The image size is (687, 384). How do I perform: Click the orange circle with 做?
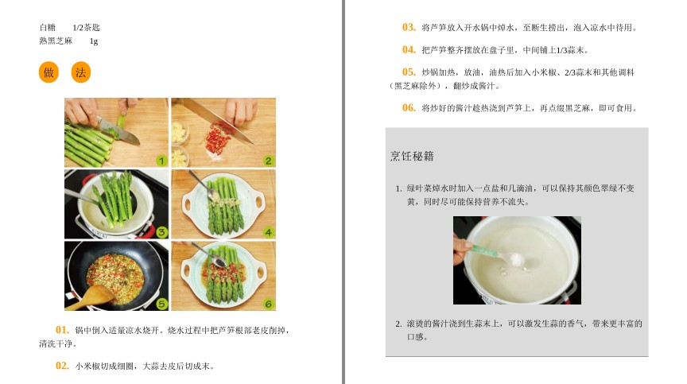pyautogui.click(x=49, y=72)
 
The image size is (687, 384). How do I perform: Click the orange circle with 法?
pyautogui.click(x=80, y=72)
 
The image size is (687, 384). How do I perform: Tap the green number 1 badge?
pyautogui.click(x=161, y=161)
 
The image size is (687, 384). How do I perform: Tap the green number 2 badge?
pyautogui.click(x=269, y=161)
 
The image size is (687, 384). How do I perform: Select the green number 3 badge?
pyautogui.click(x=161, y=232)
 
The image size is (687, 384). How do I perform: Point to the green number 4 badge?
pyautogui.click(x=269, y=232)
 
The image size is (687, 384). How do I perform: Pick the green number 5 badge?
pyautogui.click(x=161, y=304)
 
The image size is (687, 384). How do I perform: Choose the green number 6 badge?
pyautogui.click(x=269, y=304)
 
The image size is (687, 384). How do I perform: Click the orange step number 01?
pyautogui.click(x=62, y=330)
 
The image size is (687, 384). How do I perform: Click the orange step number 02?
pyautogui.click(x=62, y=366)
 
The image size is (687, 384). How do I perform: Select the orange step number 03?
pyautogui.click(x=409, y=27)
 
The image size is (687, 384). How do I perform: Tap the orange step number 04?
pyautogui.click(x=409, y=50)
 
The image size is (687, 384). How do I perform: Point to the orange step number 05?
pyautogui.click(x=409, y=72)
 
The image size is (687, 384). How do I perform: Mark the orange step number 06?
pyautogui.click(x=409, y=107)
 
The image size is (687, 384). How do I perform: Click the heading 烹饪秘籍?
pyautogui.click(x=412, y=157)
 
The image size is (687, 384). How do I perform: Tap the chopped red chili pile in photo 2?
pyautogui.click(x=218, y=139)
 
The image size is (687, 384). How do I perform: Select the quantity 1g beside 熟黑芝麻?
pyautogui.click(x=94, y=41)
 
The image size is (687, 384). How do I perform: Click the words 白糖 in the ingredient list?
pyautogui.click(x=48, y=28)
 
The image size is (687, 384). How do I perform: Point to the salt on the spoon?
pyautogui.click(x=517, y=258)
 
